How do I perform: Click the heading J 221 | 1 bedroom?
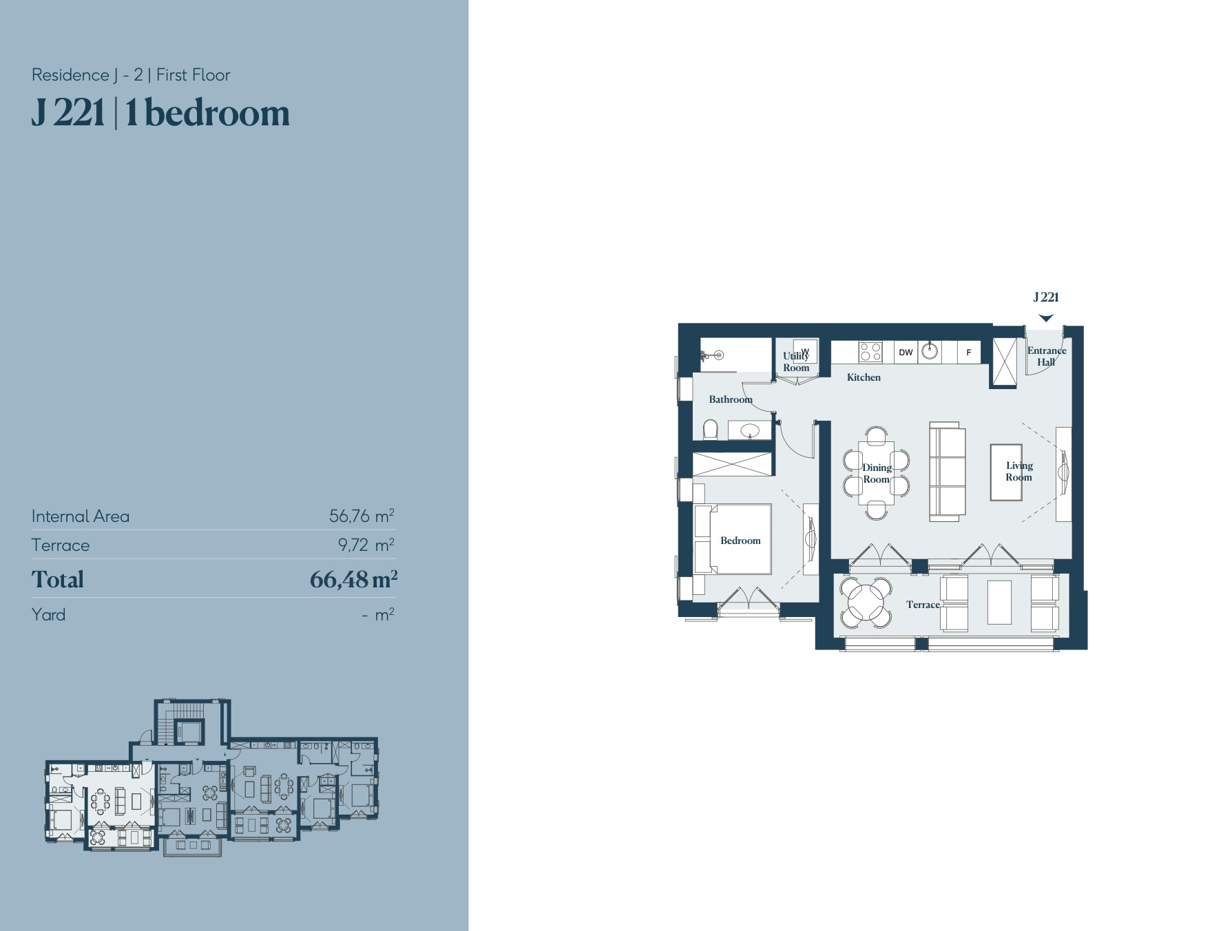pyautogui.click(x=160, y=113)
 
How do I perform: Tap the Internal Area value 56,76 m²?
pyautogui.click(x=362, y=515)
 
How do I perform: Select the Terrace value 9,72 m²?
pyautogui.click(x=366, y=545)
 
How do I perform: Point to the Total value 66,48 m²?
pyautogui.click(x=354, y=579)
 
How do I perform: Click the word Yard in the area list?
pyautogui.click(x=48, y=614)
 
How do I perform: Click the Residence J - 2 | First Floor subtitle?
pyautogui.click(x=131, y=75)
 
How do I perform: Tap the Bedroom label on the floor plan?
pyautogui.click(x=740, y=541)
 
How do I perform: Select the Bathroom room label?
pyautogui.click(x=731, y=399)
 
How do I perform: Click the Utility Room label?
pyautogui.click(x=796, y=362)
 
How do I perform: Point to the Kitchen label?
pyautogui.click(x=864, y=377)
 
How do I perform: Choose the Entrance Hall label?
pyautogui.click(x=1047, y=356)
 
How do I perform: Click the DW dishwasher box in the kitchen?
pyautogui.click(x=906, y=352)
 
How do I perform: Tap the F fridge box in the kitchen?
pyautogui.click(x=969, y=352)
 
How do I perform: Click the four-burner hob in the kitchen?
pyautogui.click(x=870, y=352)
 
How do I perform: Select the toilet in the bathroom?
pyautogui.click(x=711, y=429)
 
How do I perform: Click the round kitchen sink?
pyautogui.click(x=930, y=351)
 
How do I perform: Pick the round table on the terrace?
pyautogui.click(x=866, y=603)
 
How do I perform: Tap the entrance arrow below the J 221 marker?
pyautogui.click(x=1046, y=318)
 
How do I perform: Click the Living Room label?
pyautogui.click(x=1019, y=472)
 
